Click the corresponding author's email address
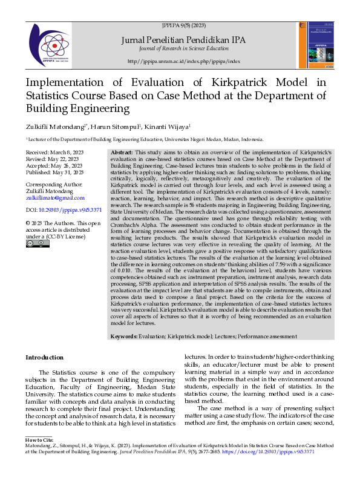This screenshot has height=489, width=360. tap(55, 198)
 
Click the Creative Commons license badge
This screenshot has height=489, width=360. tap(33, 243)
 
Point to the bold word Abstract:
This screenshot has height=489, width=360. tap(123, 153)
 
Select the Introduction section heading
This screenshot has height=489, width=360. tap(44, 358)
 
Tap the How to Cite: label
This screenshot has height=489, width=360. tap(39, 438)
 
